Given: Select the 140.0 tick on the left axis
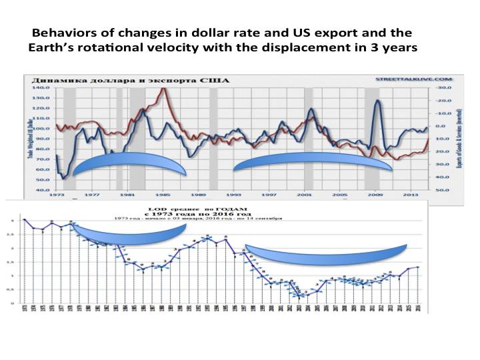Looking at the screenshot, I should [x=42, y=87].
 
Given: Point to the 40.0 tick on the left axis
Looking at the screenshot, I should [x=42, y=190].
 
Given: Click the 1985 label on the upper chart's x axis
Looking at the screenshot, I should [x=162, y=195].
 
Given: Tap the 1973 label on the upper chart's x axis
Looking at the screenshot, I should [x=55, y=195].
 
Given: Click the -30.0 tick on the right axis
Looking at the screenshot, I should [x=439, y=87].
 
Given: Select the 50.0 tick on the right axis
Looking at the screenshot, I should [x=439, y=190].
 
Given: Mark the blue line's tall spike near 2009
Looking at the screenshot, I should [x=378, y=101].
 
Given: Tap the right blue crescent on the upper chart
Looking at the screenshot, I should [x=312, y=163].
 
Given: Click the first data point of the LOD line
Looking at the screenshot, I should [x=25, y=219].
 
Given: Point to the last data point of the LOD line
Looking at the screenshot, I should [x=418, y=267].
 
